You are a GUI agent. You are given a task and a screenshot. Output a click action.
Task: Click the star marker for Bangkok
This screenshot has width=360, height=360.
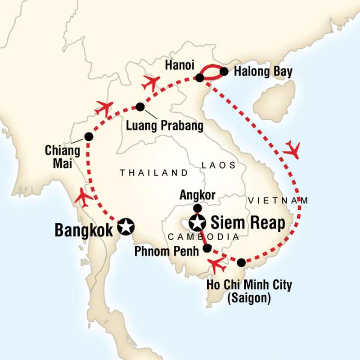click(126, 227)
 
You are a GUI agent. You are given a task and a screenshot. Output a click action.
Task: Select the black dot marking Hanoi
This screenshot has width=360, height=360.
click(200, 78)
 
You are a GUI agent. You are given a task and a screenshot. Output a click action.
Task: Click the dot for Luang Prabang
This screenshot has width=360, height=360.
click(140, 107)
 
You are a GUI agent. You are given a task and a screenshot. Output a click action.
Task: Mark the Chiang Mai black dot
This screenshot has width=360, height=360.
click(88, 137)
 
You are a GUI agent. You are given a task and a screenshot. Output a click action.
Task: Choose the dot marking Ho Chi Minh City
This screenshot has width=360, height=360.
click(241, 262)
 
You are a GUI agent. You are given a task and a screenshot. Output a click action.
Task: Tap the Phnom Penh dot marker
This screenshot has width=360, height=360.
click(207, 248)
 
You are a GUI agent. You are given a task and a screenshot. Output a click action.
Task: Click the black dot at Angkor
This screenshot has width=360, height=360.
click(197, 208)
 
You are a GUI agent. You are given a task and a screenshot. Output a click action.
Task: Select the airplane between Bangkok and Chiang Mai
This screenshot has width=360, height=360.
click(84, 196)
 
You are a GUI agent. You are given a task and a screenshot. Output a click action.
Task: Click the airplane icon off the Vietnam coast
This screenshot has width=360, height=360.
click(292, 149)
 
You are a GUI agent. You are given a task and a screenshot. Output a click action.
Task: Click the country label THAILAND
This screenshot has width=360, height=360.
click(153, 173)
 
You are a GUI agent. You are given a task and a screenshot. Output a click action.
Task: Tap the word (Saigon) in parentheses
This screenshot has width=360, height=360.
click(249, 297)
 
